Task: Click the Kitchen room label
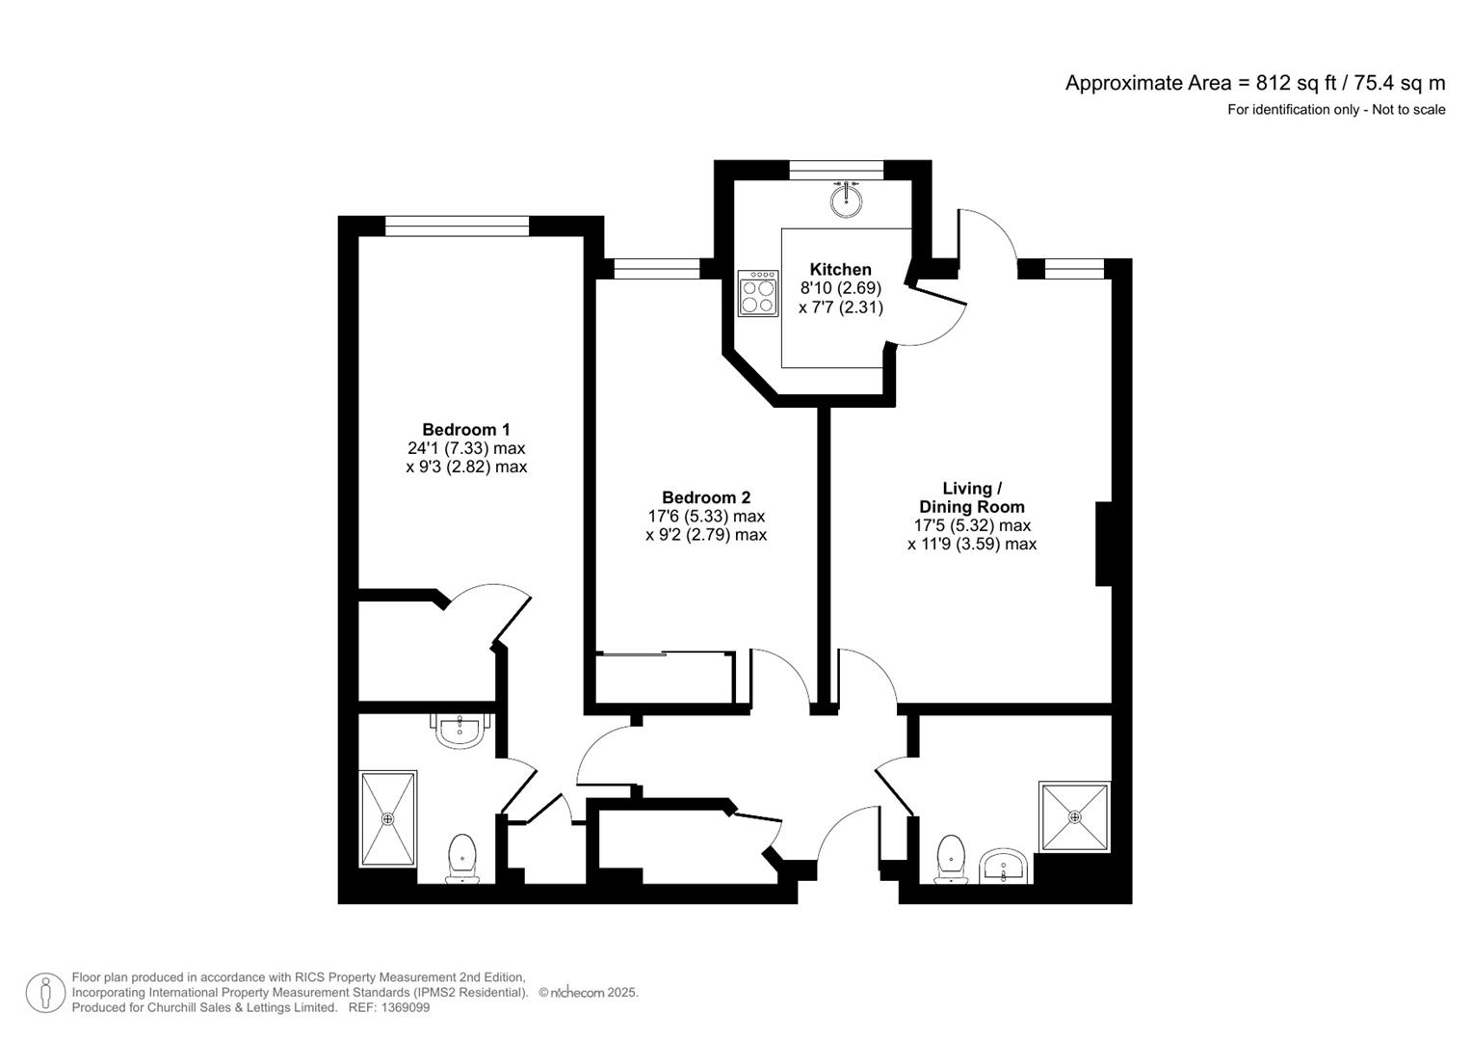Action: click(x=840, y=270)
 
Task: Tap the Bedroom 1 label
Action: click(x=466, y=430)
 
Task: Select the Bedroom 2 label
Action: click(x=705, y=497)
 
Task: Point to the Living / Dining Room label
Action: click(x=971, y=497)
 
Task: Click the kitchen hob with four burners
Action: click(x=758, y=294)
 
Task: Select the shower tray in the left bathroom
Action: click(x=388, y=817)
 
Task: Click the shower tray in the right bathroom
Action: click(x=1075, y=816)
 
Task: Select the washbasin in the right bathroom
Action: click(x=1005, y=867)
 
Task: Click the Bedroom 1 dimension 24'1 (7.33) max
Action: click(x=466, y=448)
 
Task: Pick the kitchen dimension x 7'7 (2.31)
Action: click(x=840, y=307)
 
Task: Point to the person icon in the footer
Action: click(x=45, y=993)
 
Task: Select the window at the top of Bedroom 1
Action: click(x=457, y=226)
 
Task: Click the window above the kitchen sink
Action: click(x=836, y=170)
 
